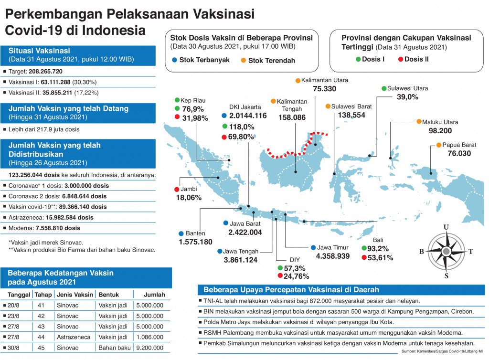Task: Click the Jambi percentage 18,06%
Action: [x=188, y=197]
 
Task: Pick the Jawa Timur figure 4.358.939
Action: [x=332, y=256]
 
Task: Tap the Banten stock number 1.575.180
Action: [x=195, y=242]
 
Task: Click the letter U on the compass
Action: [x=446, y=227]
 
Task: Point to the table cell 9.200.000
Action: [x=150, y=348]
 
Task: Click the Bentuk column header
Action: [x=108, y=295]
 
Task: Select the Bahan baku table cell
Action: [x=113, y=348]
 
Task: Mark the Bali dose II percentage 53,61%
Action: [x=377, y=258]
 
